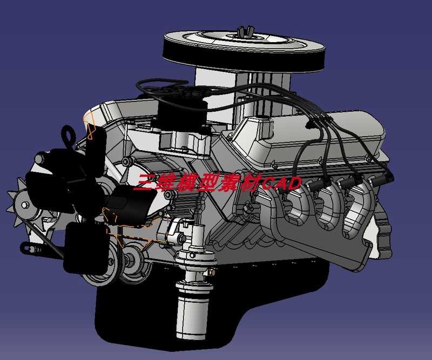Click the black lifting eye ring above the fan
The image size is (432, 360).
[68, 134]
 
